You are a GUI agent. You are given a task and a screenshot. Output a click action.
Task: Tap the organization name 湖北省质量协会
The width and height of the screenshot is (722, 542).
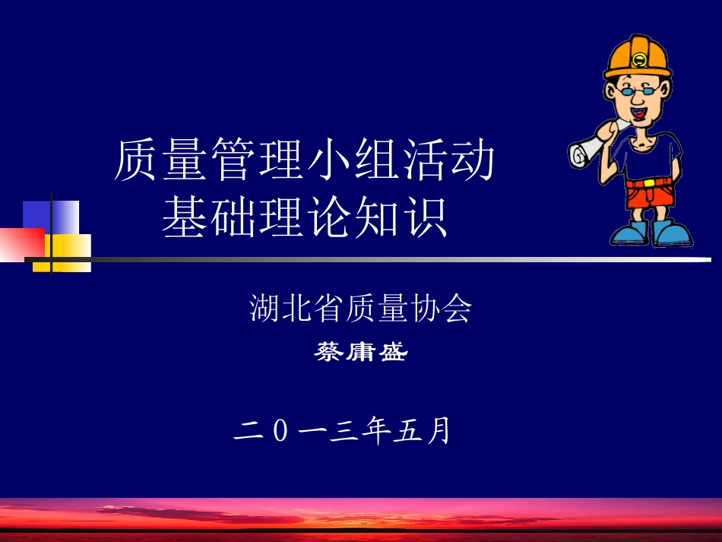[361, 309]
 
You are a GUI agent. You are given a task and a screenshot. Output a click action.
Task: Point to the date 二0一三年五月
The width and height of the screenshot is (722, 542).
[344, 431]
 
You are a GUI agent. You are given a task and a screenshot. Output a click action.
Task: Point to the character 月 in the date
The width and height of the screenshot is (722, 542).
[439, 431]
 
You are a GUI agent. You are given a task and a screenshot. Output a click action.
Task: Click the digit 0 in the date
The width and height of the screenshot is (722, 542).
[280, 432]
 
